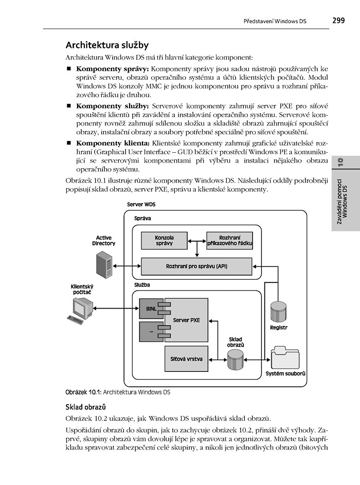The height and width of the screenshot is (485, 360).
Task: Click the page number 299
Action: tap(338, 21)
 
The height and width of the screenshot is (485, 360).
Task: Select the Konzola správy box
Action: tap(165, 241)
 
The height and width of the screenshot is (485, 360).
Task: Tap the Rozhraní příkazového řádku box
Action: tap(229, 241)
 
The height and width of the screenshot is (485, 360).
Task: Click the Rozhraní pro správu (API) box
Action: tap(196, 266)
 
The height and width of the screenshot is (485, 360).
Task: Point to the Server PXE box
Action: tap(186, 320)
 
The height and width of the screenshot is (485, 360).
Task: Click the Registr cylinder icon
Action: tap(278, 312)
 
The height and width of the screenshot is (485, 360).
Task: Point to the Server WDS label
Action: tap(141, 205)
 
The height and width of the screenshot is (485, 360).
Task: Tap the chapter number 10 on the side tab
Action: tap(340, 163)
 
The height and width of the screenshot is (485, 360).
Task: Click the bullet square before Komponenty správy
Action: tap(69, 68)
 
